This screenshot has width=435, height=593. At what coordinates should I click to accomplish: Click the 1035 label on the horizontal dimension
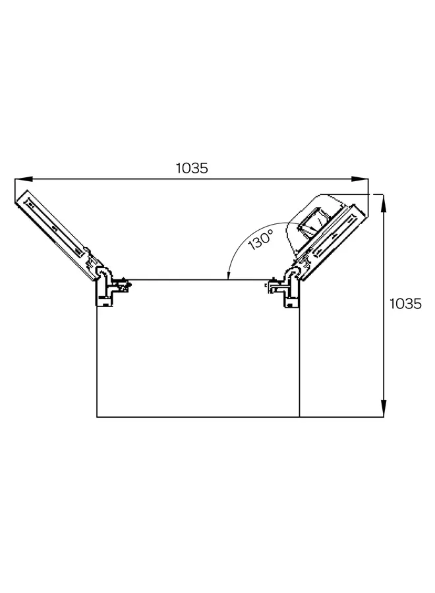(192, 168)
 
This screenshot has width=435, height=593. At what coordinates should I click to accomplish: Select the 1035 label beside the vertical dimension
(405, 304)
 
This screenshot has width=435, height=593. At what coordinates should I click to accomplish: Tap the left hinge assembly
(109, 284)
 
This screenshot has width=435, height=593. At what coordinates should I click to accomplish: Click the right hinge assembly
(289, 285)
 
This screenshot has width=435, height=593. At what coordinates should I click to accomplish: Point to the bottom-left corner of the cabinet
(97, 417)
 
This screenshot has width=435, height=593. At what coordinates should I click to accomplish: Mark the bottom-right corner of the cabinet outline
(299, 417)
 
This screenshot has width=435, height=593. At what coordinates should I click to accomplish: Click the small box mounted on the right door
(312, 223)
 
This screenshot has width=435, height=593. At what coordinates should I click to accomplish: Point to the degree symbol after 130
(270, 233)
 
